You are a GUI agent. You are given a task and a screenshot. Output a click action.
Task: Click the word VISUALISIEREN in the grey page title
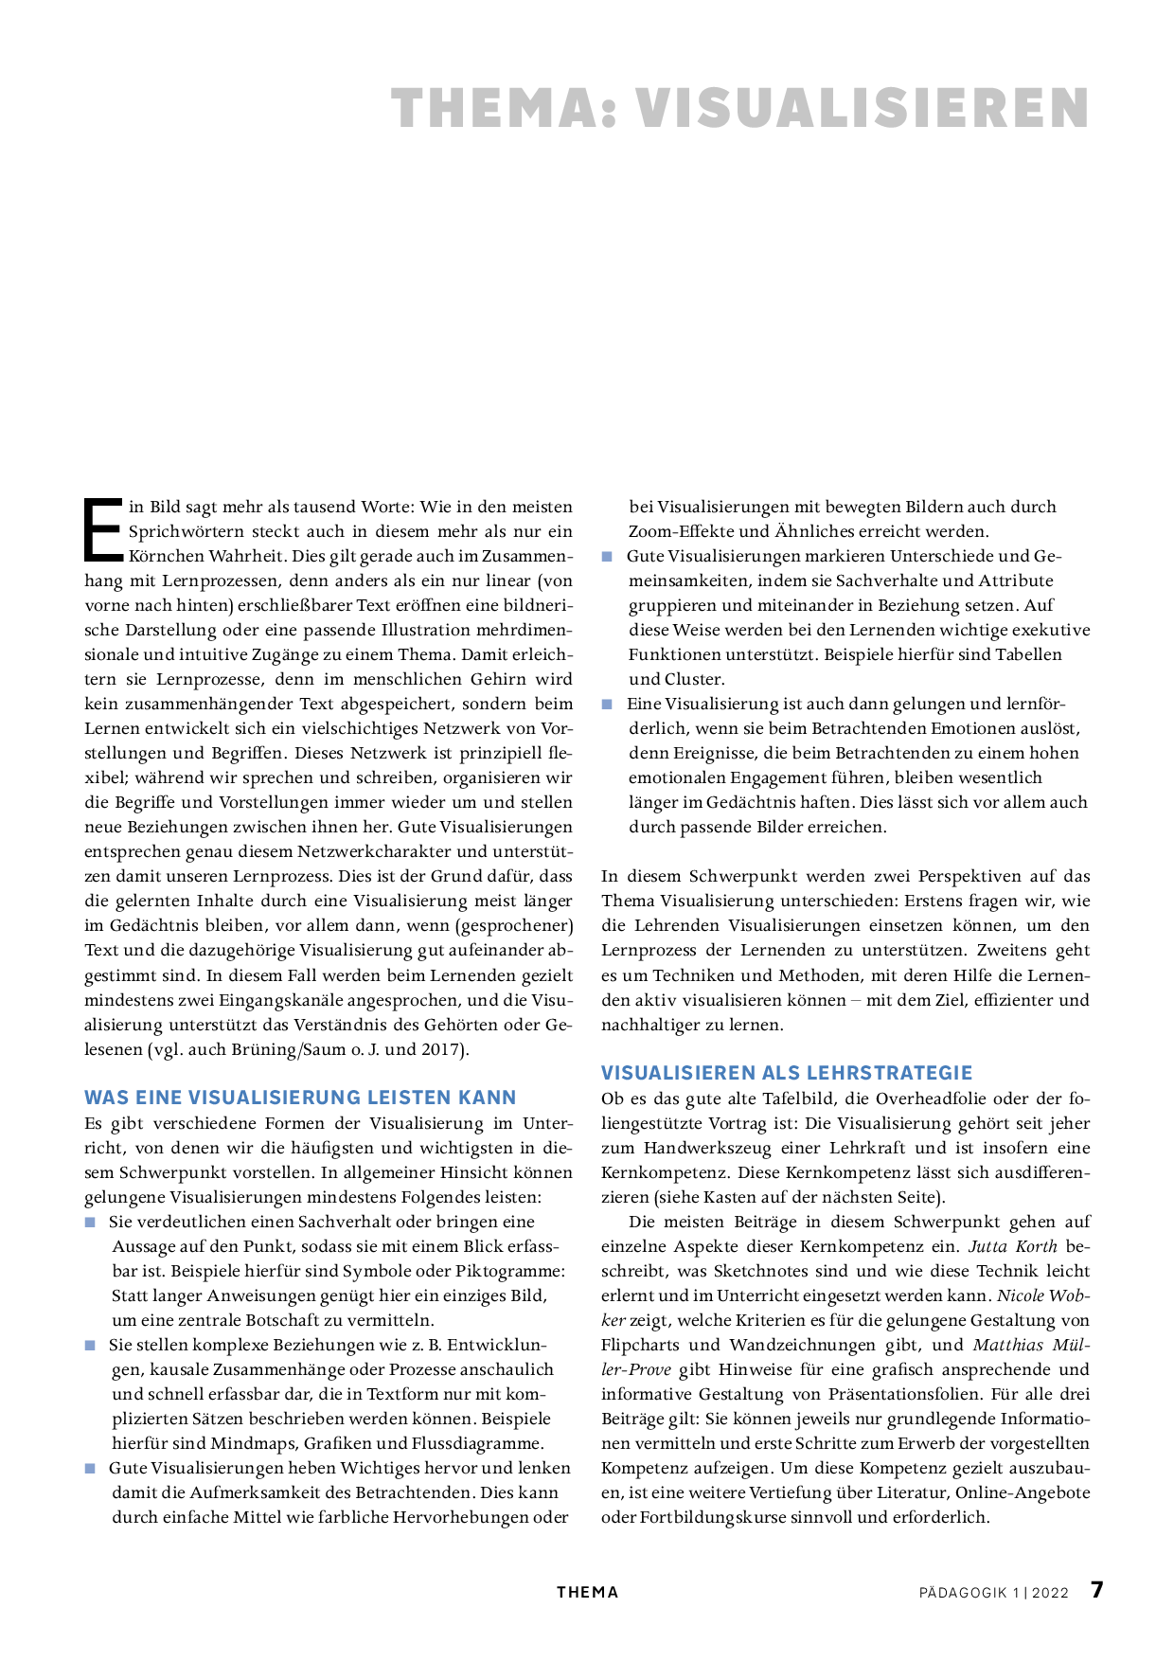tap(862, 108)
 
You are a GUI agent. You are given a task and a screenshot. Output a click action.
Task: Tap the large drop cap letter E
tap(103, 528)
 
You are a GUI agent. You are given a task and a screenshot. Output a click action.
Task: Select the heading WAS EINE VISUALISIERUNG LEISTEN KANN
tap(300, 1098)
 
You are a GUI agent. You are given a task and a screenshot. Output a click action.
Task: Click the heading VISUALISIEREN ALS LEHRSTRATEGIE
tap(787, 1073)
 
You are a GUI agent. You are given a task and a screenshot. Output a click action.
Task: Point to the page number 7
tap(1096, 1590)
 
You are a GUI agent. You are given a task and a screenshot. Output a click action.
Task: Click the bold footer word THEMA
tap(587, 1593)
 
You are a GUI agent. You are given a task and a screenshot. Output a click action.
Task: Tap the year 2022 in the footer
tap(1050, 1593)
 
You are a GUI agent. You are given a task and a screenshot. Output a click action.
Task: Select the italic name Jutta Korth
tap(1012, 1246)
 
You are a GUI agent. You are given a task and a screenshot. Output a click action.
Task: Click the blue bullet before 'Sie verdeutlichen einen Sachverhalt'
tap(91, 1223)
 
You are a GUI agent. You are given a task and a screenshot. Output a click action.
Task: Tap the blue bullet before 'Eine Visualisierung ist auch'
tap(608, 705)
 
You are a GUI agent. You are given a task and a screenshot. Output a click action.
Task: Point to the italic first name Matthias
tap(1011, 1345)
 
